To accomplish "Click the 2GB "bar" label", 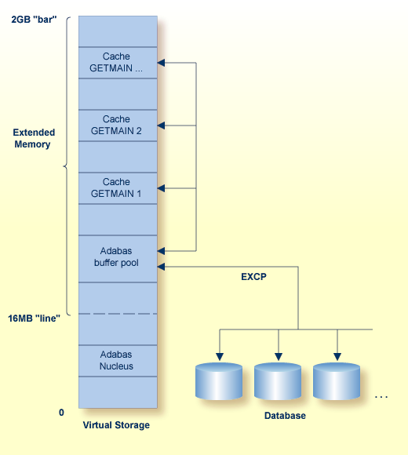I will point(34,17).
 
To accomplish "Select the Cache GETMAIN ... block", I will point(116,63).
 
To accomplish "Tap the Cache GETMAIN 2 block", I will point(116,126).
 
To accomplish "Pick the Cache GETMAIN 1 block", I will point(116,188).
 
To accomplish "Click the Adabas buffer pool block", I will point(116,257).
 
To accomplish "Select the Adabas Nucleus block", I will point(116,360).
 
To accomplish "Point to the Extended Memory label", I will point(32,139).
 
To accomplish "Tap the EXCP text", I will point(253,277).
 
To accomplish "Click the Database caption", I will point(285,416).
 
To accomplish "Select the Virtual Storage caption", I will point(116,425).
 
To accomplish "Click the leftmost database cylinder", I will point(218,381).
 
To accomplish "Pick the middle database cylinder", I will point(278,381).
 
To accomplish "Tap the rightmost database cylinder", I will point(337,381).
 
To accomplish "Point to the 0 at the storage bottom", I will point(60,412).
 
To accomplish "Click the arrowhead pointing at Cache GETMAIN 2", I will point(162,126).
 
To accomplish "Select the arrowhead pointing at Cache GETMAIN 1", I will point(162,188).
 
